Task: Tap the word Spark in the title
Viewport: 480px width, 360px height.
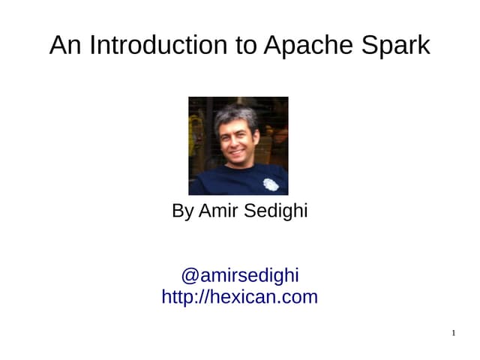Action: coord(395,45)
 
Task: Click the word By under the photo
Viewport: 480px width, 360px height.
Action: coord(182,211)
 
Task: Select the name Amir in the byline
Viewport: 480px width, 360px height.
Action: coord(215,211)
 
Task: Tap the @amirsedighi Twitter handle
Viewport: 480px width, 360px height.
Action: coord(240,275)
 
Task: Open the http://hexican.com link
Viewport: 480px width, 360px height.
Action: coord(240,297)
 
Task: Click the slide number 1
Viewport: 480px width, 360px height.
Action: coord(454,333)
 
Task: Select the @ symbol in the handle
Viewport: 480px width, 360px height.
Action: coord(189,275)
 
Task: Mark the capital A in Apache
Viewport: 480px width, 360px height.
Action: coord(272,45)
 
